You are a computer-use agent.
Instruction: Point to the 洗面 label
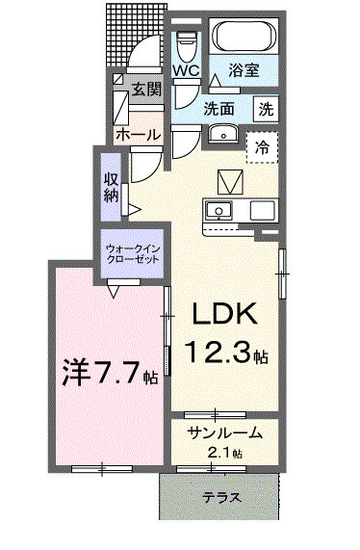(219, 108)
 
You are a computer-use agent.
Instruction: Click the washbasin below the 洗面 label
(222, 134)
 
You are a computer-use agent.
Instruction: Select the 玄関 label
(146, 90)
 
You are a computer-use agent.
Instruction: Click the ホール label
(138, 136)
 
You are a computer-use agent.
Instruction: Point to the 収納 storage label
(112, 188)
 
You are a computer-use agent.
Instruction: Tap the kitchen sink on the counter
(219, 210)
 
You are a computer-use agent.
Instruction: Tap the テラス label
(221, 498)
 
